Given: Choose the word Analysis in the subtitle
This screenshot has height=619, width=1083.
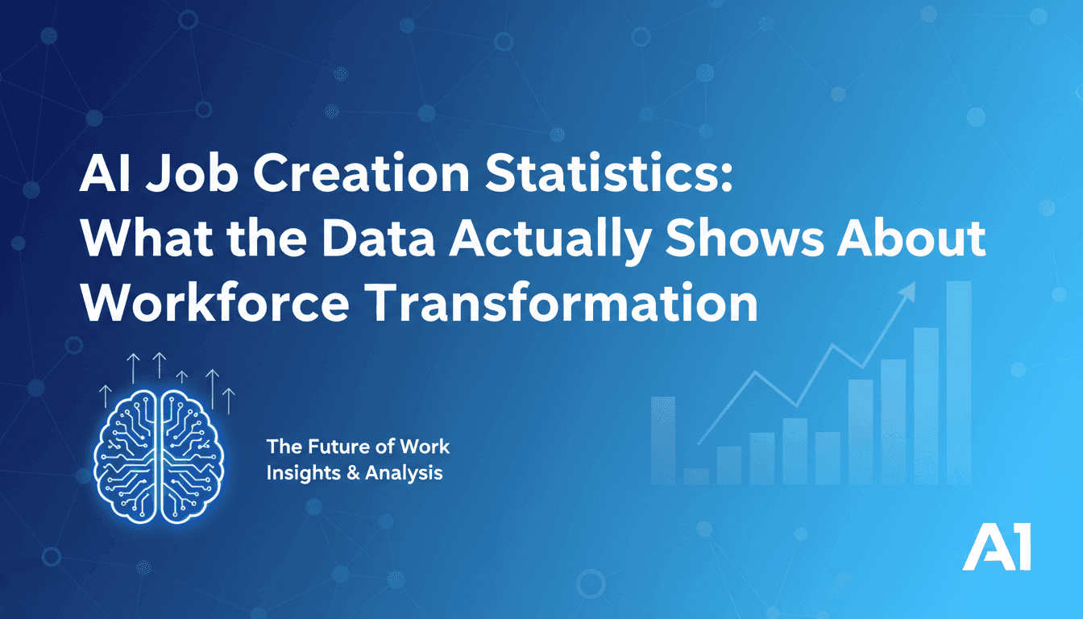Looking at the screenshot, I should coord(404,472).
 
